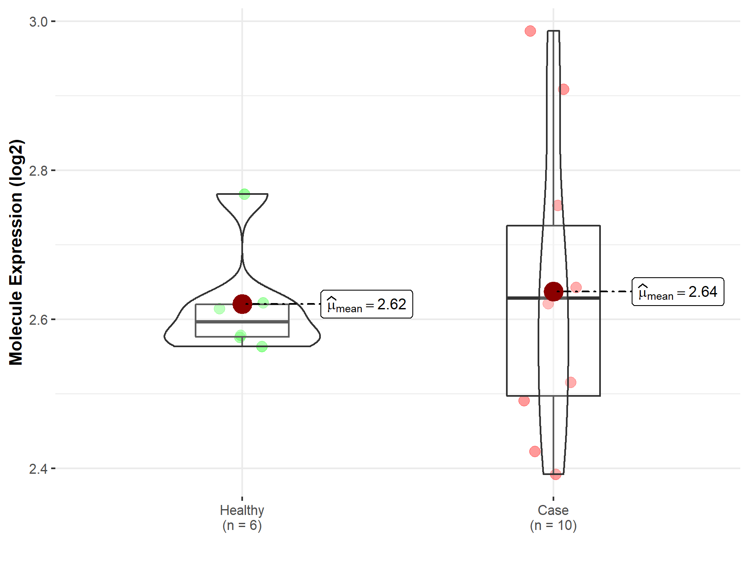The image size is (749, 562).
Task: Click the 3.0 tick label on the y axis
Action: click(38, 22)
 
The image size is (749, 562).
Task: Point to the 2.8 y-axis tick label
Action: click(38, 171)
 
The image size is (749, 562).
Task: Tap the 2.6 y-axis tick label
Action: click(38, 320)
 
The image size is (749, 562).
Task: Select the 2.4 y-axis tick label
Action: click(38, 469)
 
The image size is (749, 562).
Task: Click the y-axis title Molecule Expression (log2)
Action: click(16, 252)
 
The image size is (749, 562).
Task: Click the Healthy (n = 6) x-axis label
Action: click(242, 518)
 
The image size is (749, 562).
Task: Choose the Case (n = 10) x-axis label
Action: click(553, 518)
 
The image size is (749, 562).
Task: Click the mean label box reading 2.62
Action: click(367, 304)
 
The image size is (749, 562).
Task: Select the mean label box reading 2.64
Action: click(678, 292)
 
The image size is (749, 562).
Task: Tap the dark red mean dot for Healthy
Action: click(242, 304)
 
